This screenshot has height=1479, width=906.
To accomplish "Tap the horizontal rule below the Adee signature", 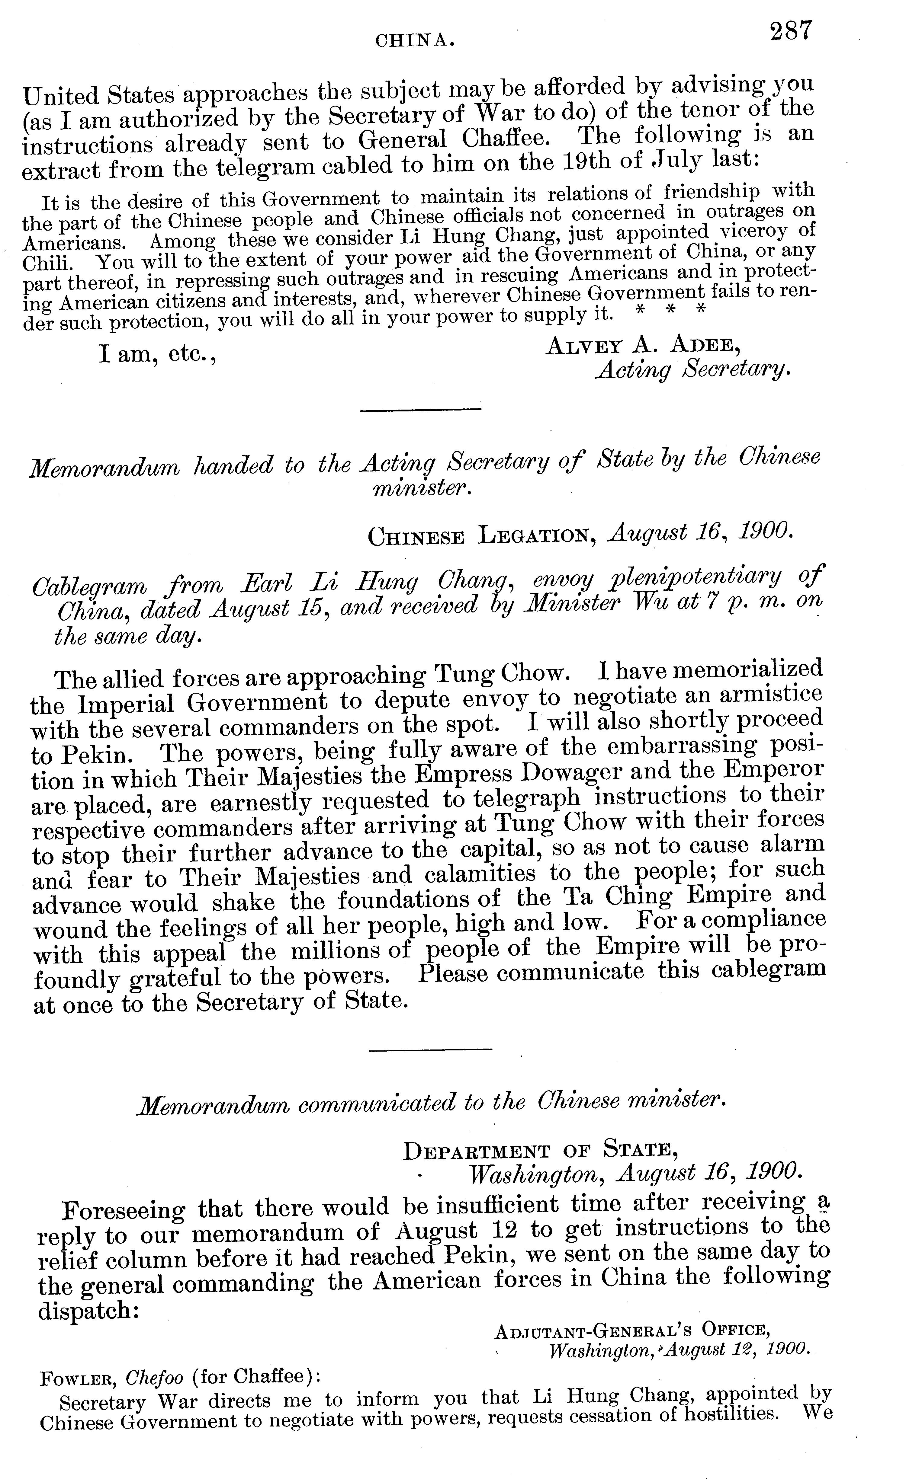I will coord(420,410).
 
